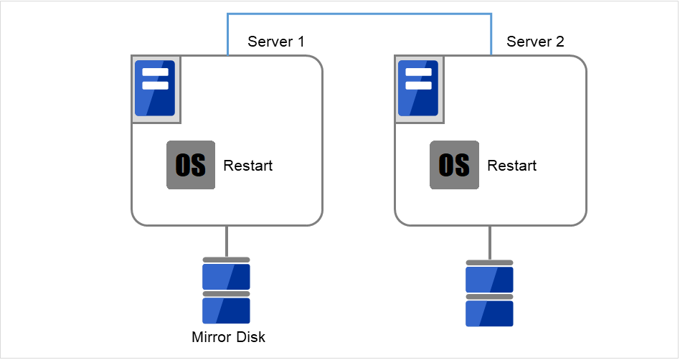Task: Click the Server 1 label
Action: (275, 42)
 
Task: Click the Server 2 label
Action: (535, 42)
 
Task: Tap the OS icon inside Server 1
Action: (191, 165)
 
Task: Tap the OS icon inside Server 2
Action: (454, 165)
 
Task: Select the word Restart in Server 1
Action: (248, 166)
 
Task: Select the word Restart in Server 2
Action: (512, 166)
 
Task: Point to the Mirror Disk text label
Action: (228, 337)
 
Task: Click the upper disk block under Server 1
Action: (226, 276)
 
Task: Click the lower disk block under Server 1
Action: (226, 311)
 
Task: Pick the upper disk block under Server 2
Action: (489, 279)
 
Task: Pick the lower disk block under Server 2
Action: (489, 313)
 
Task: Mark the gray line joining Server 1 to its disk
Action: (227, 241)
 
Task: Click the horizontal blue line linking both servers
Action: (359, 13)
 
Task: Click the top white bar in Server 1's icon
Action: (156, 72)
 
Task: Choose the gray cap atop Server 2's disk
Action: (489, 262)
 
